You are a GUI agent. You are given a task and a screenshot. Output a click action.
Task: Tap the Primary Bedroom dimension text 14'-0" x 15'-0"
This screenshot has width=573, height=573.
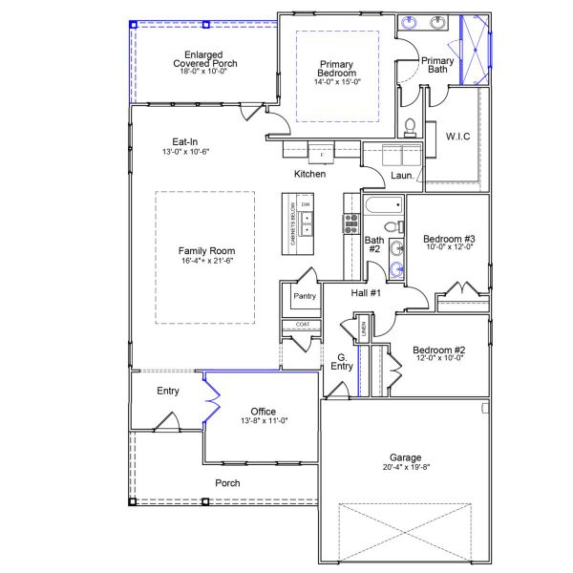tap(337, 82)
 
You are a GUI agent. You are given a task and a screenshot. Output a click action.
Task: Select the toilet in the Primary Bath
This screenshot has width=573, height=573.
tap(410, 125)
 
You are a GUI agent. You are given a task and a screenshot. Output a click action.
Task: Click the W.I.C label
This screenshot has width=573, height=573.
tap(457, 137)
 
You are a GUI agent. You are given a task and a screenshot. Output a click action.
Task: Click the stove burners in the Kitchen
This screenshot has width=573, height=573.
tap(350, 225)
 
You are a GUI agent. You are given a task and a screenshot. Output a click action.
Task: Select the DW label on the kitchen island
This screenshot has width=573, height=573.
tap(306, 205)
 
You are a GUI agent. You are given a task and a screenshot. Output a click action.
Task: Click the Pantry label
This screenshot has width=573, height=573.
tap(305, 297)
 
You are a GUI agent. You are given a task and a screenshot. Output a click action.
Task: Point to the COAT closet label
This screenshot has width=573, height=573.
tap(302, 325)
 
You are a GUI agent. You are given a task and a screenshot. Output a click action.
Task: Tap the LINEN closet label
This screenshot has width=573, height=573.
tap(364, 330)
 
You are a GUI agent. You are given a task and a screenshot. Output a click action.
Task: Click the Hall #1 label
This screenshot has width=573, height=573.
tap(366, 293)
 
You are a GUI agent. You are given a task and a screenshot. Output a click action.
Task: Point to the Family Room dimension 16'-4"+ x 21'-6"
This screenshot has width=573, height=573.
tap(206, 262)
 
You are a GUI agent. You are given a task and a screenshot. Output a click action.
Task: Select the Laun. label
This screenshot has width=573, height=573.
tap(402, 176)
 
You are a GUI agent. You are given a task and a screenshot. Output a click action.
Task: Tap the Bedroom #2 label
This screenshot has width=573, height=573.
tap(439, 350)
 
